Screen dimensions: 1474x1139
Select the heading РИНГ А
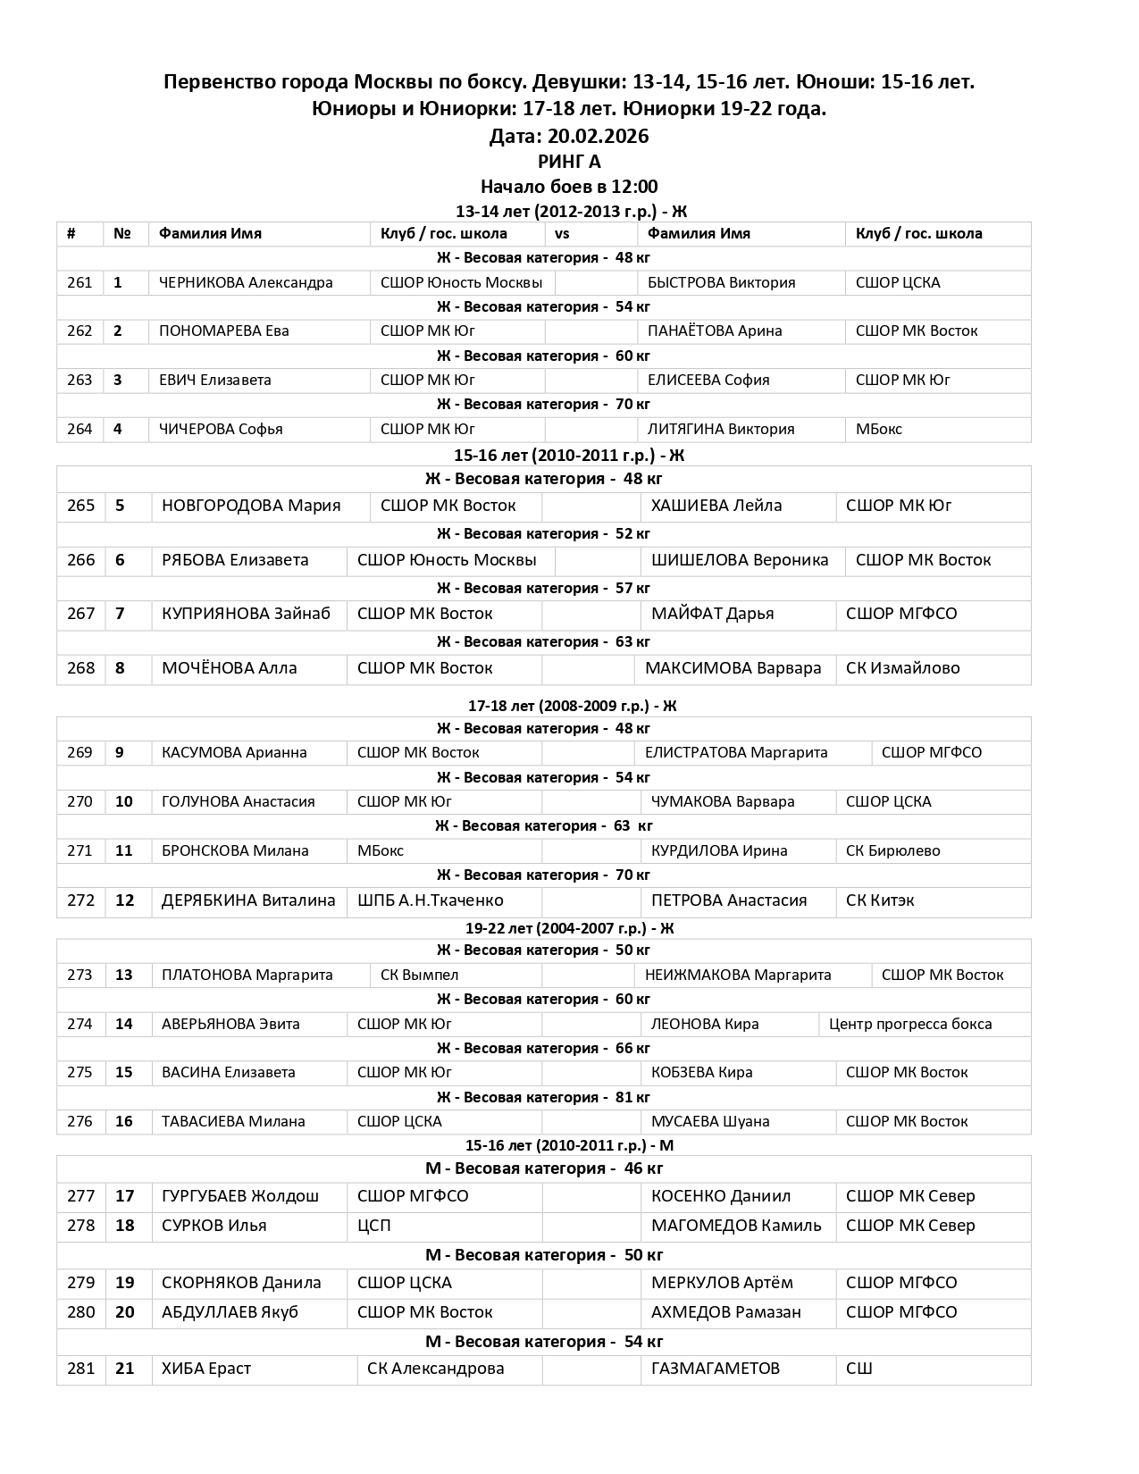click(569, 162)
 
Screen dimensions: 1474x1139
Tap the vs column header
click(562, 234)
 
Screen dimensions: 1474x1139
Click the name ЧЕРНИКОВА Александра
click(246, 283)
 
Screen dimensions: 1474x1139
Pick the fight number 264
click(80, 430)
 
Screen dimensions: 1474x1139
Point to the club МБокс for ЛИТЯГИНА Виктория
click(879, 430)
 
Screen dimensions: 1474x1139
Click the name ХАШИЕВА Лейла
click(716, 506)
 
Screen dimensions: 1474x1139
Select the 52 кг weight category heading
click(543, 534)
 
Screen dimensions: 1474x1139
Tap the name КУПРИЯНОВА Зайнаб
click(246, 614)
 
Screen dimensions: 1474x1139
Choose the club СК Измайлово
click(902, 668)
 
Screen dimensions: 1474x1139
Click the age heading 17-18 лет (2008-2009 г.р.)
click(572, 706)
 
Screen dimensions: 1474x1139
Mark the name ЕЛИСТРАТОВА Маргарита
click(736, 753)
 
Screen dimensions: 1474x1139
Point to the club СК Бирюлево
click(892, 851)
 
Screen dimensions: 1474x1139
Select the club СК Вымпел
click(419, 976)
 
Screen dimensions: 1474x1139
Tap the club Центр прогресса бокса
click(910, 1025)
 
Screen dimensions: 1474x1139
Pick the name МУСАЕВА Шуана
click(710, 1122)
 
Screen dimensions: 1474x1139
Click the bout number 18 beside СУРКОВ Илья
click(125, 1226)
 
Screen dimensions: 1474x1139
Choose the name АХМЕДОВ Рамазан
click(725, 1312)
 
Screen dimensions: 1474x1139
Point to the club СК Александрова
click(435, 1369)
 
